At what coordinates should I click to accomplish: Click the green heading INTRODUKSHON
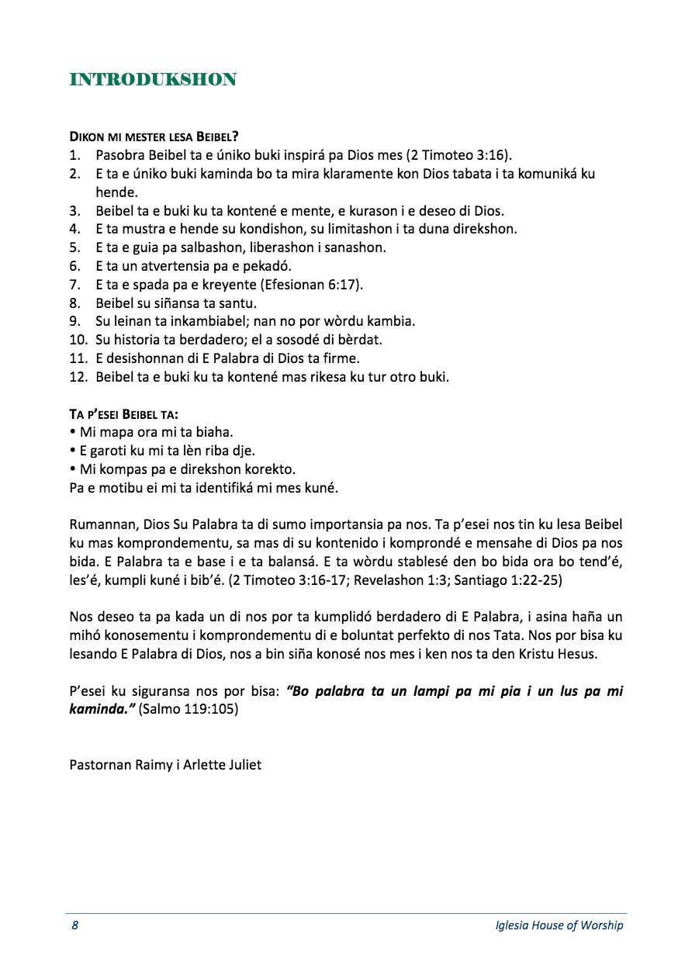[153, 79]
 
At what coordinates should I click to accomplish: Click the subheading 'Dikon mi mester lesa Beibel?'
[154, 137]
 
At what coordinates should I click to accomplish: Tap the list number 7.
[74, 285]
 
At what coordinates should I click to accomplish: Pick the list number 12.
[78, 378]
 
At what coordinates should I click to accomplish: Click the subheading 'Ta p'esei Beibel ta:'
[124, 414]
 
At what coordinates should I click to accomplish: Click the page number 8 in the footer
[74, 925]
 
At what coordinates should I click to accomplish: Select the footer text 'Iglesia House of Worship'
[559, 925]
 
